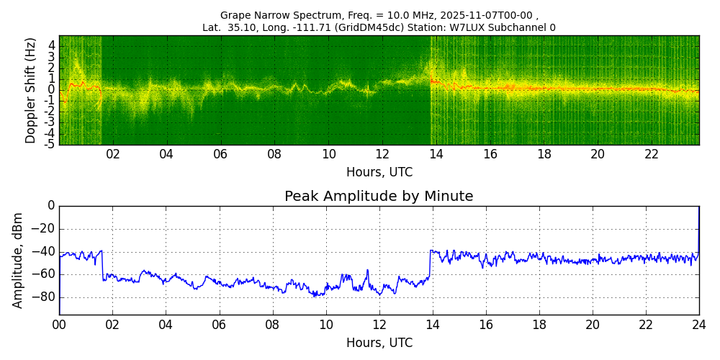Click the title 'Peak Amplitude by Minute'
pos(379,197)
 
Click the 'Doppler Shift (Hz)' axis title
pos(30,91)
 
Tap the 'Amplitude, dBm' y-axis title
pos(18,260)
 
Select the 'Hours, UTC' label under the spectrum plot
pos(379,173)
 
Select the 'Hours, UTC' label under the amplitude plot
pos(379,343)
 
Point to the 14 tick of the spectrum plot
pos(436,154)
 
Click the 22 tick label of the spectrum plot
pos(652,154)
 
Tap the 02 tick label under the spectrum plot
pos(112,154)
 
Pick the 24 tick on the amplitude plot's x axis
pos(698,325)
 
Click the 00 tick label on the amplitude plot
pos(59,325)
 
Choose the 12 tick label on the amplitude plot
pos(379,325)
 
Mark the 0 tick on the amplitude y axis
pos(50,206)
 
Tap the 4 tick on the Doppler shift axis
pos(51,45)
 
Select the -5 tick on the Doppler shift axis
pos(49,144)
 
